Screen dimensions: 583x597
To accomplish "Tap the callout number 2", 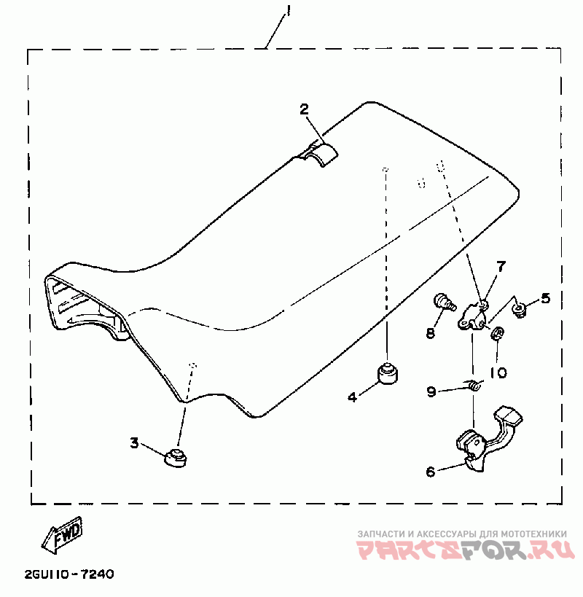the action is pyautogui.click(x=305, y=109).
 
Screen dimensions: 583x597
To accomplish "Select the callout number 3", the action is pyautogui.click(x=134, y=442).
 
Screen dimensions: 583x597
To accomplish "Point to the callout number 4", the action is pyautogui.click(x=353, y=397).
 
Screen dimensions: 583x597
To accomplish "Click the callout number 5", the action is pyautogui.click(x=546, y=298).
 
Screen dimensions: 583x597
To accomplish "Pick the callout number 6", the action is pyautogui.click(x=431, y=472).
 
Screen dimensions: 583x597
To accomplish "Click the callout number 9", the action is pyautogui.click(x=431, y=392).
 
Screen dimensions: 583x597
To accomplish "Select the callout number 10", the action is pyautogui.click(x=498, y=372).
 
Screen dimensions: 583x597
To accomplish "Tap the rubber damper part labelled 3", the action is pyautogui.click(x=175, y=457).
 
